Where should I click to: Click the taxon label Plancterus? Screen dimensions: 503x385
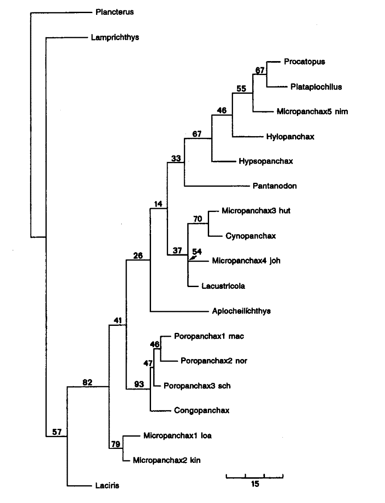click(x=114, y=12)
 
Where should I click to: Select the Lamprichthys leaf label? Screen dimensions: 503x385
click(x=115, y=38)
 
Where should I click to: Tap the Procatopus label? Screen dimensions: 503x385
click(x=304, y=62)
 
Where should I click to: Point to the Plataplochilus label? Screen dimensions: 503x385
click(x=316, y=87)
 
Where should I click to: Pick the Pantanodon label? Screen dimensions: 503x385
click(x=275, y=186)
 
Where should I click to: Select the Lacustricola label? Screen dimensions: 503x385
click(x=223, y=286)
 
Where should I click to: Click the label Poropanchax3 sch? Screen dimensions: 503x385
click(x=197, y=386)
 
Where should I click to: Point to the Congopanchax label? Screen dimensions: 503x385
click(x=202, y=411)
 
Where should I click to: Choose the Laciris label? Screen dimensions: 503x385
click(x=107, y=485)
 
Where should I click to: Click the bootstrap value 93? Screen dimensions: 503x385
click(x=139, y=384)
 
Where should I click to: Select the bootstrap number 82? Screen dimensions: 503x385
click(x=88, y=382)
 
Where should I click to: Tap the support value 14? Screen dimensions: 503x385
click(x=158, y=204)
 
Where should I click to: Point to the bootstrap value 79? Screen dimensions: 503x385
click(x=115, y=444)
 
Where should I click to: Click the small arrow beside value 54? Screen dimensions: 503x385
click(x=191, y=259)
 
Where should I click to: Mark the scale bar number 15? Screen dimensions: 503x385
click(x=255, y=484)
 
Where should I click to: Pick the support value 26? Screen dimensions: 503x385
click(x=138, y=255)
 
